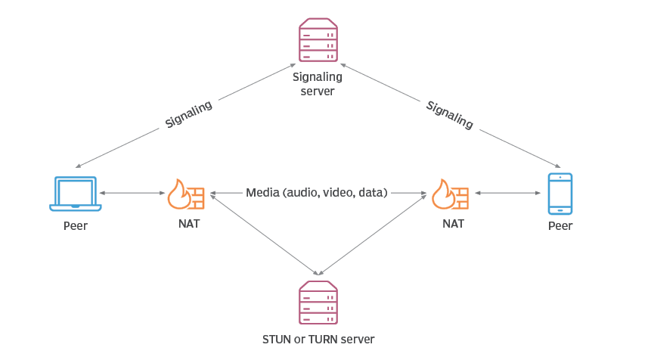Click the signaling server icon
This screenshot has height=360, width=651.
pos(318,40)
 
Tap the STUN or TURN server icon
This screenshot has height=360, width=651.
pos(318,303)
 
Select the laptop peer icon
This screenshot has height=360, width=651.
pos(76,194)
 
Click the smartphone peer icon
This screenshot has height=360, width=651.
pos(560,194)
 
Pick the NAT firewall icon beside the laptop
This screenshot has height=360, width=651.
pos(186,194)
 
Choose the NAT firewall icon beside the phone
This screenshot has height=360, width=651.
pos(451,194)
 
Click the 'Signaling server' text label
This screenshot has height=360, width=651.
pos(318,84)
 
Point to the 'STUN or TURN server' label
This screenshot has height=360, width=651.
pos(318,340)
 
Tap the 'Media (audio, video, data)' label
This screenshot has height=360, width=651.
pos(317,193)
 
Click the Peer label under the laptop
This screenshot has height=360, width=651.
pos(76,226)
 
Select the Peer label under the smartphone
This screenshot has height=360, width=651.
pos(560,226)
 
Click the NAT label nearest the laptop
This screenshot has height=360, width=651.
pos(189,224)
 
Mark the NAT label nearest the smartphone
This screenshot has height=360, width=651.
pos(454,224)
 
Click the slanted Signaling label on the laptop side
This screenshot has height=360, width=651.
pos(189,114)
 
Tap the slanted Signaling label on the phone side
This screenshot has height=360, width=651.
pos(450,115)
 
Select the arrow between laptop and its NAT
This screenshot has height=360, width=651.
pos(132,193)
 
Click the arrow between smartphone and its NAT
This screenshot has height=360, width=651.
pos(508,193)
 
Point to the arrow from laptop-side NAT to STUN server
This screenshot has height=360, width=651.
pos(264,234)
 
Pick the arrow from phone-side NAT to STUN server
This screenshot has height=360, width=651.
pos(373,234)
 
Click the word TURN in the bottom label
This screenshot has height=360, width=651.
pos(323,340)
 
